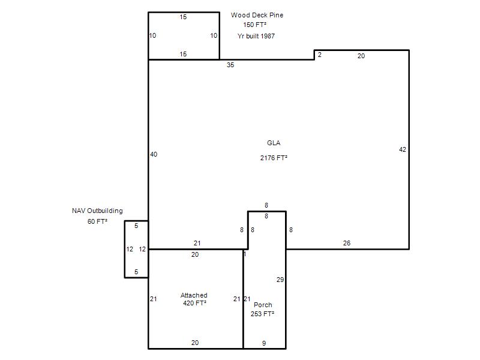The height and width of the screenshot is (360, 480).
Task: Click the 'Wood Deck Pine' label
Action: tap(257, 15)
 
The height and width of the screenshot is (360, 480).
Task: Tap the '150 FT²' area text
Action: tap(254, 25)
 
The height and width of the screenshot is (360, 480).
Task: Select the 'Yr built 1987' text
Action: tap(256, 36)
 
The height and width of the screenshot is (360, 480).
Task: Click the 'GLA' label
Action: tap(274, 143)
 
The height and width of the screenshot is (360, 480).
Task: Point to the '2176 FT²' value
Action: tap(274, 158)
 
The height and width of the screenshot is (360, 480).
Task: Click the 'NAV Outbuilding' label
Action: tap(97, 211)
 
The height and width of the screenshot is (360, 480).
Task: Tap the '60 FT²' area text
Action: tap(97, 221)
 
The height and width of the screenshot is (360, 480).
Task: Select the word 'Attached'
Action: tap(194, 295)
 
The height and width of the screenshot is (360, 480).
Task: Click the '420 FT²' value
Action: tap(194, 303)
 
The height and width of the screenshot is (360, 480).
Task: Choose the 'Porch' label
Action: tap(263, 305)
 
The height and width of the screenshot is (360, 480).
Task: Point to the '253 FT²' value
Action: tap(262, 314)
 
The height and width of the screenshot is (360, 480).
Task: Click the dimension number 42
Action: tap(403, 149)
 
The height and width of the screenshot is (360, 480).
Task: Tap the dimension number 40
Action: tap(154, 154)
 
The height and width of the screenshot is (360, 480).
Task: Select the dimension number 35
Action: tap(230, 65)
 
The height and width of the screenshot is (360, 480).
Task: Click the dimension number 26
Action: tap(347, 243)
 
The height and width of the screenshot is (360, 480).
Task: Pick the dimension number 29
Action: tap(280, 280)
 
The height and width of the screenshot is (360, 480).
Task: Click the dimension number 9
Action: tap(264, 343)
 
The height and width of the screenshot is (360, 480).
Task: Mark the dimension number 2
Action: tap(320, 55)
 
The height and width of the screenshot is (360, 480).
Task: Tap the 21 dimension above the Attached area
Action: tap(197, 243)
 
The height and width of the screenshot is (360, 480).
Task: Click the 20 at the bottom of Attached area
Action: tap(195, 343)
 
